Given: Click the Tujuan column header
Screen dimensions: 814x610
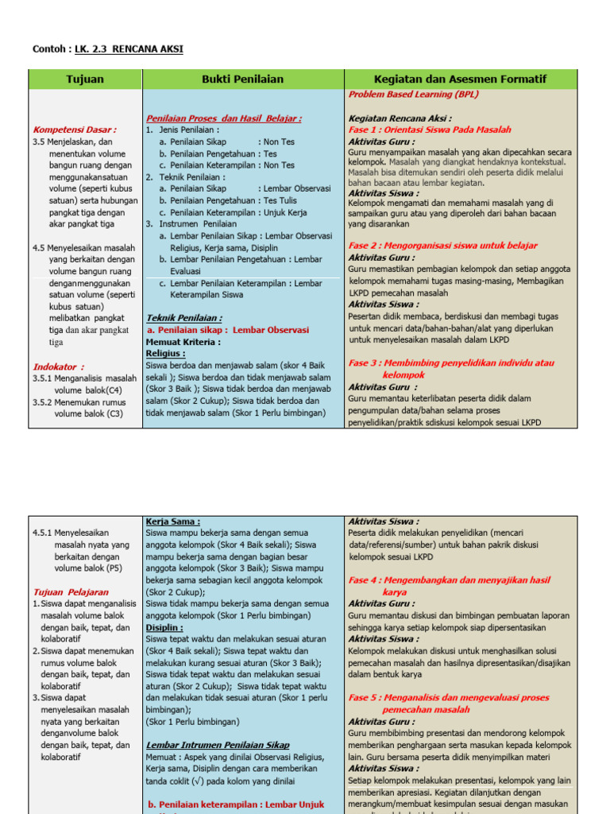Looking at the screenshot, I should click(85, 79).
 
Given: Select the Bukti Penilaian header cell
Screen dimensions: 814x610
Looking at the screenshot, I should click(243, 79).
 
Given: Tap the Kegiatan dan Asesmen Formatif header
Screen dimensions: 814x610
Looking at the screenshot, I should click(460, 79).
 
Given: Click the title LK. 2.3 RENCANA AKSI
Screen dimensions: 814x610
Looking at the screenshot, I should click(129, 49).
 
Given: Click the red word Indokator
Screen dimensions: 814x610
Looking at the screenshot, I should click(58, 366).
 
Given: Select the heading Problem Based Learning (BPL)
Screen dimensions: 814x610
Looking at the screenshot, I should click(413, 94).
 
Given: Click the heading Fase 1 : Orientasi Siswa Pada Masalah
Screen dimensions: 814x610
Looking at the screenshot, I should click(430, 130).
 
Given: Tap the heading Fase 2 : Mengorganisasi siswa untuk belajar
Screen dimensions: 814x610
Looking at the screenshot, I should click(442, 246).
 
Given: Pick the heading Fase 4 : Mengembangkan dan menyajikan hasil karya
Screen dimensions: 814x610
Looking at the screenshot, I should click(449, 580).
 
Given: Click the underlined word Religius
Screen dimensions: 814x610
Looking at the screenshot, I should click(165, 353).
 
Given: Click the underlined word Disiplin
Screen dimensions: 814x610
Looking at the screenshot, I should click(164, 627).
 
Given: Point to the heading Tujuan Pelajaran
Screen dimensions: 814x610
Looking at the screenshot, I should click(71, 592).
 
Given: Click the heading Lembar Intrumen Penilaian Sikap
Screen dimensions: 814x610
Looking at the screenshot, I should click(218, 745).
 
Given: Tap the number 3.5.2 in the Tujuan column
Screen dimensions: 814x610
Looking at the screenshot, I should click(46, 402).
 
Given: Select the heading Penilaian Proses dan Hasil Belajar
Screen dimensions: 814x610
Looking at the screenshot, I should click(223, 118).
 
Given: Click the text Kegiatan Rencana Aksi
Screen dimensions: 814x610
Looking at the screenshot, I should click(400, 118).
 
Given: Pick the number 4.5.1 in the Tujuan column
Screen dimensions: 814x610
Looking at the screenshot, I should click(46, 533).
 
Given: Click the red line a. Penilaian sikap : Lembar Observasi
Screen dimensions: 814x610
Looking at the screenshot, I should click(228, 330).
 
